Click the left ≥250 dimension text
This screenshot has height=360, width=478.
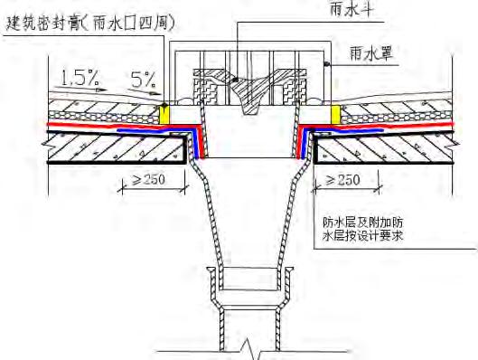pos(140,180)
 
